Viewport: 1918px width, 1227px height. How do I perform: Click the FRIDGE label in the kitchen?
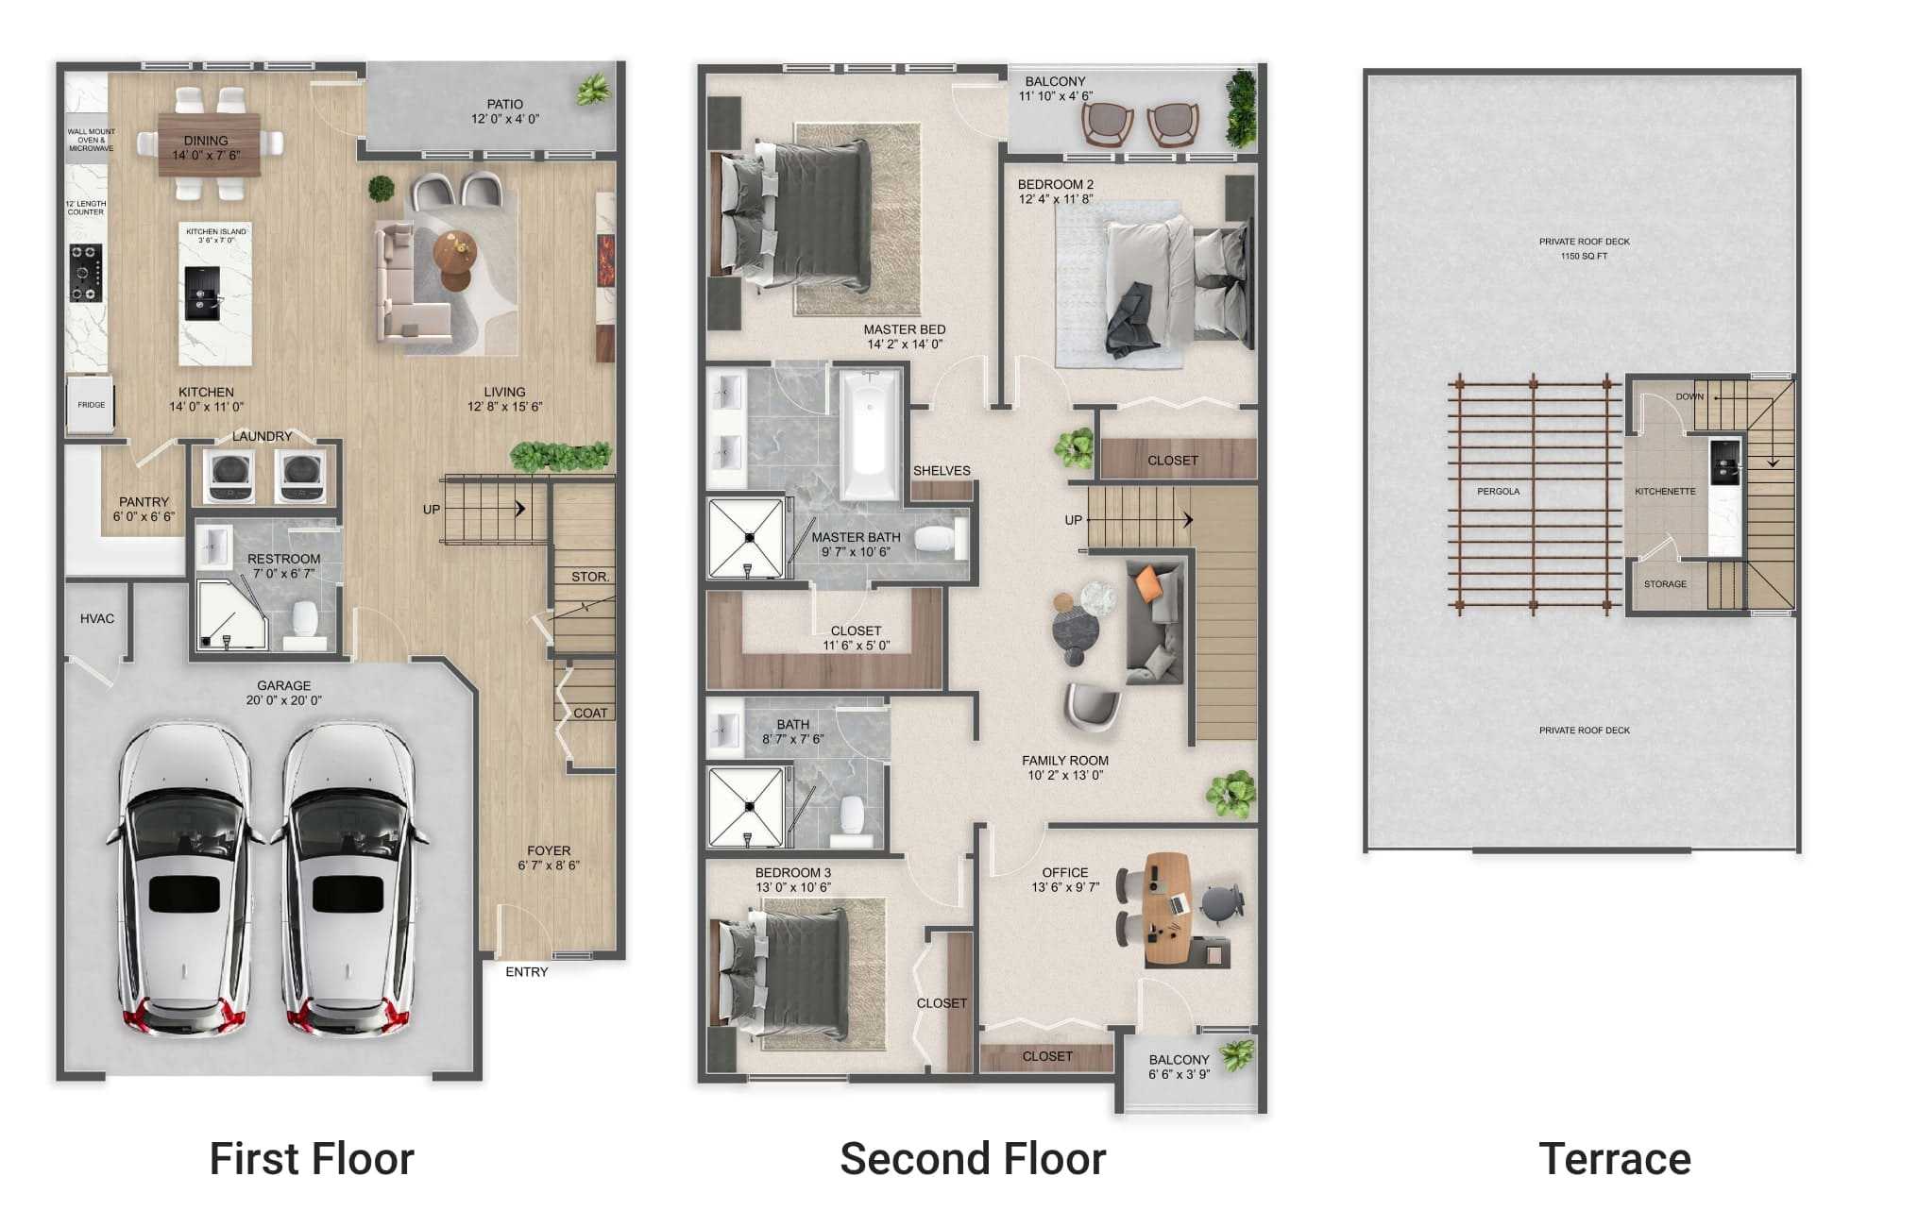pos(92,405)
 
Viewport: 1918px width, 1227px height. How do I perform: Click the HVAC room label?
pos(97,619)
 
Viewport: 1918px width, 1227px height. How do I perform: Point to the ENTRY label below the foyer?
pos(526,972)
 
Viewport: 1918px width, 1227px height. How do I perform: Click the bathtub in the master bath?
pos(870,434)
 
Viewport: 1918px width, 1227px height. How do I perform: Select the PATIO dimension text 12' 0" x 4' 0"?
pos(505,119)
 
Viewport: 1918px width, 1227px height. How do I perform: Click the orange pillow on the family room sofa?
pos(1148,582)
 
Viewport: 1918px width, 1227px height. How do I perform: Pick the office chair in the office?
pos(1221,902)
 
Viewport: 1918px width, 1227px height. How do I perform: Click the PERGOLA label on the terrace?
pos(1498,492)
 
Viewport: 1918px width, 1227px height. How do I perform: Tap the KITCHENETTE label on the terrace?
pos(1665,492)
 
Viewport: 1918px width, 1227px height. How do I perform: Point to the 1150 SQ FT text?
pos(1584,257)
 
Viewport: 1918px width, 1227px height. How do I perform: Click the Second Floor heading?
pos(972,1159)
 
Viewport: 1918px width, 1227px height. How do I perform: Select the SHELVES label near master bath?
pos(941,471)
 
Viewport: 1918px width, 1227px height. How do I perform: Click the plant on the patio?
pos(593,90)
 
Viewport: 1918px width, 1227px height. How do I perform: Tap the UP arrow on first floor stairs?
pos(518,509)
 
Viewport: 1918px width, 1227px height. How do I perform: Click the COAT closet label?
pos(590,714)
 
